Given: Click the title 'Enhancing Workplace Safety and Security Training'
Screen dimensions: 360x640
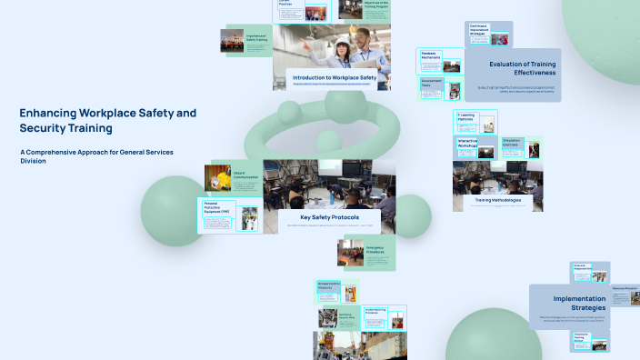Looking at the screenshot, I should [107, 120].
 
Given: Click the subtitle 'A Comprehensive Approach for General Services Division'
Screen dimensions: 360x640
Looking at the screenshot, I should [95, 155].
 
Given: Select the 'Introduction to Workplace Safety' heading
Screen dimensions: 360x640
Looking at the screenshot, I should [334, 78].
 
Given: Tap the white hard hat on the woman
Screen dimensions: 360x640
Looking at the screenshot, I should [343, 43].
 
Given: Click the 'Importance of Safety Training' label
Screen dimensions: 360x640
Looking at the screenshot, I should [256, 39].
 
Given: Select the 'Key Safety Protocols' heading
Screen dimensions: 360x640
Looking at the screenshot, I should [329, 217].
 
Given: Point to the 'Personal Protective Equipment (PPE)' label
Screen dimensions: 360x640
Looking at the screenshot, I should [217, 208].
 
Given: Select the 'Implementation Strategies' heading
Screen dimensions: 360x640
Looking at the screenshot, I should [579, 303].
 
